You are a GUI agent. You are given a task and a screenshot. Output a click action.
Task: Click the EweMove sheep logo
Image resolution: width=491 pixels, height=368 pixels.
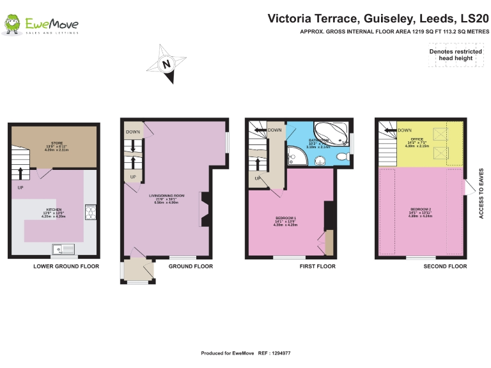pyautogui.click(x=12, y=25)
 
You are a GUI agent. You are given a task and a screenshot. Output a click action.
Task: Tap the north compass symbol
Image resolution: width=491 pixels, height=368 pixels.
pyautogui.click(x=166, y=64)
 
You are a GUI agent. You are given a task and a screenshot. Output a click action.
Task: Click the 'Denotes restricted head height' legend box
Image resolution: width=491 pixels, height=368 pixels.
pyautogui.click(x=455, y=55)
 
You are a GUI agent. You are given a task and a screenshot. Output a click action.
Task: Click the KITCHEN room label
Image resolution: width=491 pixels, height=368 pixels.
pyautogui.click(x=53, y=213)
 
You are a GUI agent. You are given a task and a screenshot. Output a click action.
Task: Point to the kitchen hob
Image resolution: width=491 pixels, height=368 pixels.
pyautogui.click(x=90, y=211)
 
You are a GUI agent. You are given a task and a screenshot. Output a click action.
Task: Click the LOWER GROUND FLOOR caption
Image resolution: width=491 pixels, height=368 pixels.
pyautogui.click(x=66, y=266)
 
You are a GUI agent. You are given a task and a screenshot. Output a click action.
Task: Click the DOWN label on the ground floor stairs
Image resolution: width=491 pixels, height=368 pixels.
pyautogui.click(x=133, y=132)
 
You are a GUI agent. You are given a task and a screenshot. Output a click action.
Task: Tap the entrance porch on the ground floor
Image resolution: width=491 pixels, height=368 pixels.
pyautogui.click(x=138, y=270)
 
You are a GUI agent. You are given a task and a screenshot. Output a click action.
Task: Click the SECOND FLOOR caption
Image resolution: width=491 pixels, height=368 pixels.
pyautogui.click(x=445, y=266)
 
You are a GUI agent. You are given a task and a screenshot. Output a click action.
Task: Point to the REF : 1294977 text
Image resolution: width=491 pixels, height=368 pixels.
pyautogui.click(x=274, y=353)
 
